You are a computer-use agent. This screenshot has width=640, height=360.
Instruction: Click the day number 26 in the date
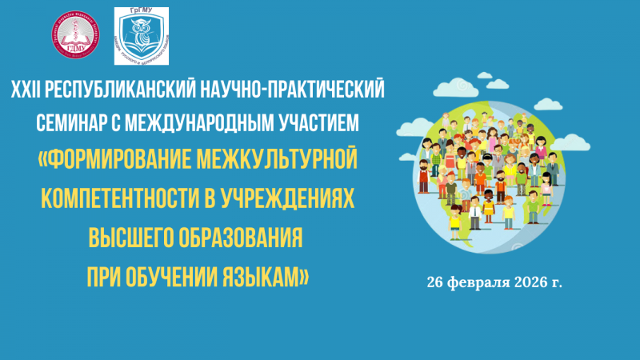(435, 282)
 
